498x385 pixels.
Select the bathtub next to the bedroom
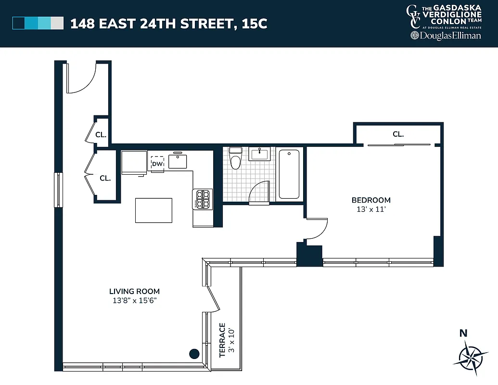[x=289, y=174]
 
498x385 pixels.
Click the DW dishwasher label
[x=157, y=164]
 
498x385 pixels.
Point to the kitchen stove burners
[x=203, y=199]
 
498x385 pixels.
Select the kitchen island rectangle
[x=153, y=210]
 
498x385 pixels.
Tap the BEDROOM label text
[x=371, y=200]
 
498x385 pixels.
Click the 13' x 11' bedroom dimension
[x=371, y=209]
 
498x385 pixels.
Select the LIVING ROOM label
[x=134, y=291]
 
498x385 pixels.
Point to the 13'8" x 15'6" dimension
[x=134, y=301]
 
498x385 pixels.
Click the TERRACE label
[x=222, y=340]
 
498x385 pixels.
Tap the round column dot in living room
[x=194, y=354]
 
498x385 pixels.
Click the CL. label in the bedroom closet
[x=398, y=134]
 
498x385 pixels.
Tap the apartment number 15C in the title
[x=255, y=24]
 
